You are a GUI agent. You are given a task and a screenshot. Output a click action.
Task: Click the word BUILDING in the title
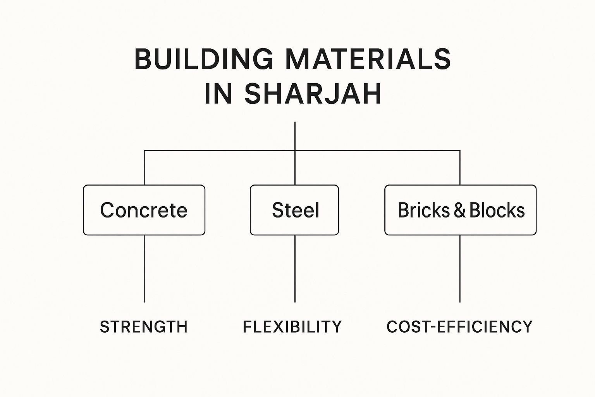204,59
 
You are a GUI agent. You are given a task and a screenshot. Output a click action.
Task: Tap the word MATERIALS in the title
368,59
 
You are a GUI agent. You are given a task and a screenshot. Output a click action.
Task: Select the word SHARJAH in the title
313,94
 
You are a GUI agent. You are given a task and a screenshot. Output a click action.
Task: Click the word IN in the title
218,94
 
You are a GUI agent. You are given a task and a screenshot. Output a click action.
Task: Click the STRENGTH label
144,327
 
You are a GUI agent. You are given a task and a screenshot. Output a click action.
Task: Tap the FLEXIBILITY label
292,327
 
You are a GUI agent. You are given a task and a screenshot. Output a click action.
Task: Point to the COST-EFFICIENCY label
459,327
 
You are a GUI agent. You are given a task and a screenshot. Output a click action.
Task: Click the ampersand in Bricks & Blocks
460,210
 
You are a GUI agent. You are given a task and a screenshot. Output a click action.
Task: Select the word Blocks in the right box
497,210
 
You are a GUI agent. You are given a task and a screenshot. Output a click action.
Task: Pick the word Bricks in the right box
424,210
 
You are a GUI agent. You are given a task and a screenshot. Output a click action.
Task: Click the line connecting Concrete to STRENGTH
144,269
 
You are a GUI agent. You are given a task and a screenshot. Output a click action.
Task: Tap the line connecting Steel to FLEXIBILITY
295,269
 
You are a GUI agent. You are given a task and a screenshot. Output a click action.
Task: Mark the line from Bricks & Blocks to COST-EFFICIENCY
460,269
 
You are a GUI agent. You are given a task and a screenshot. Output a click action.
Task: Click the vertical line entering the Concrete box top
144,168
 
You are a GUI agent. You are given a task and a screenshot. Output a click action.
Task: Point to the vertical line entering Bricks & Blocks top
460,168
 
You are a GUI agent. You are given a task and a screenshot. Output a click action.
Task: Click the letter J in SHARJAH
333,94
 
